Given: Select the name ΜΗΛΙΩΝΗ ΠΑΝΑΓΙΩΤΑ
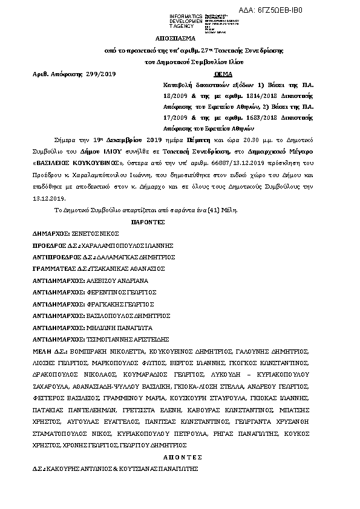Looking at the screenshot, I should (118, 327).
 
